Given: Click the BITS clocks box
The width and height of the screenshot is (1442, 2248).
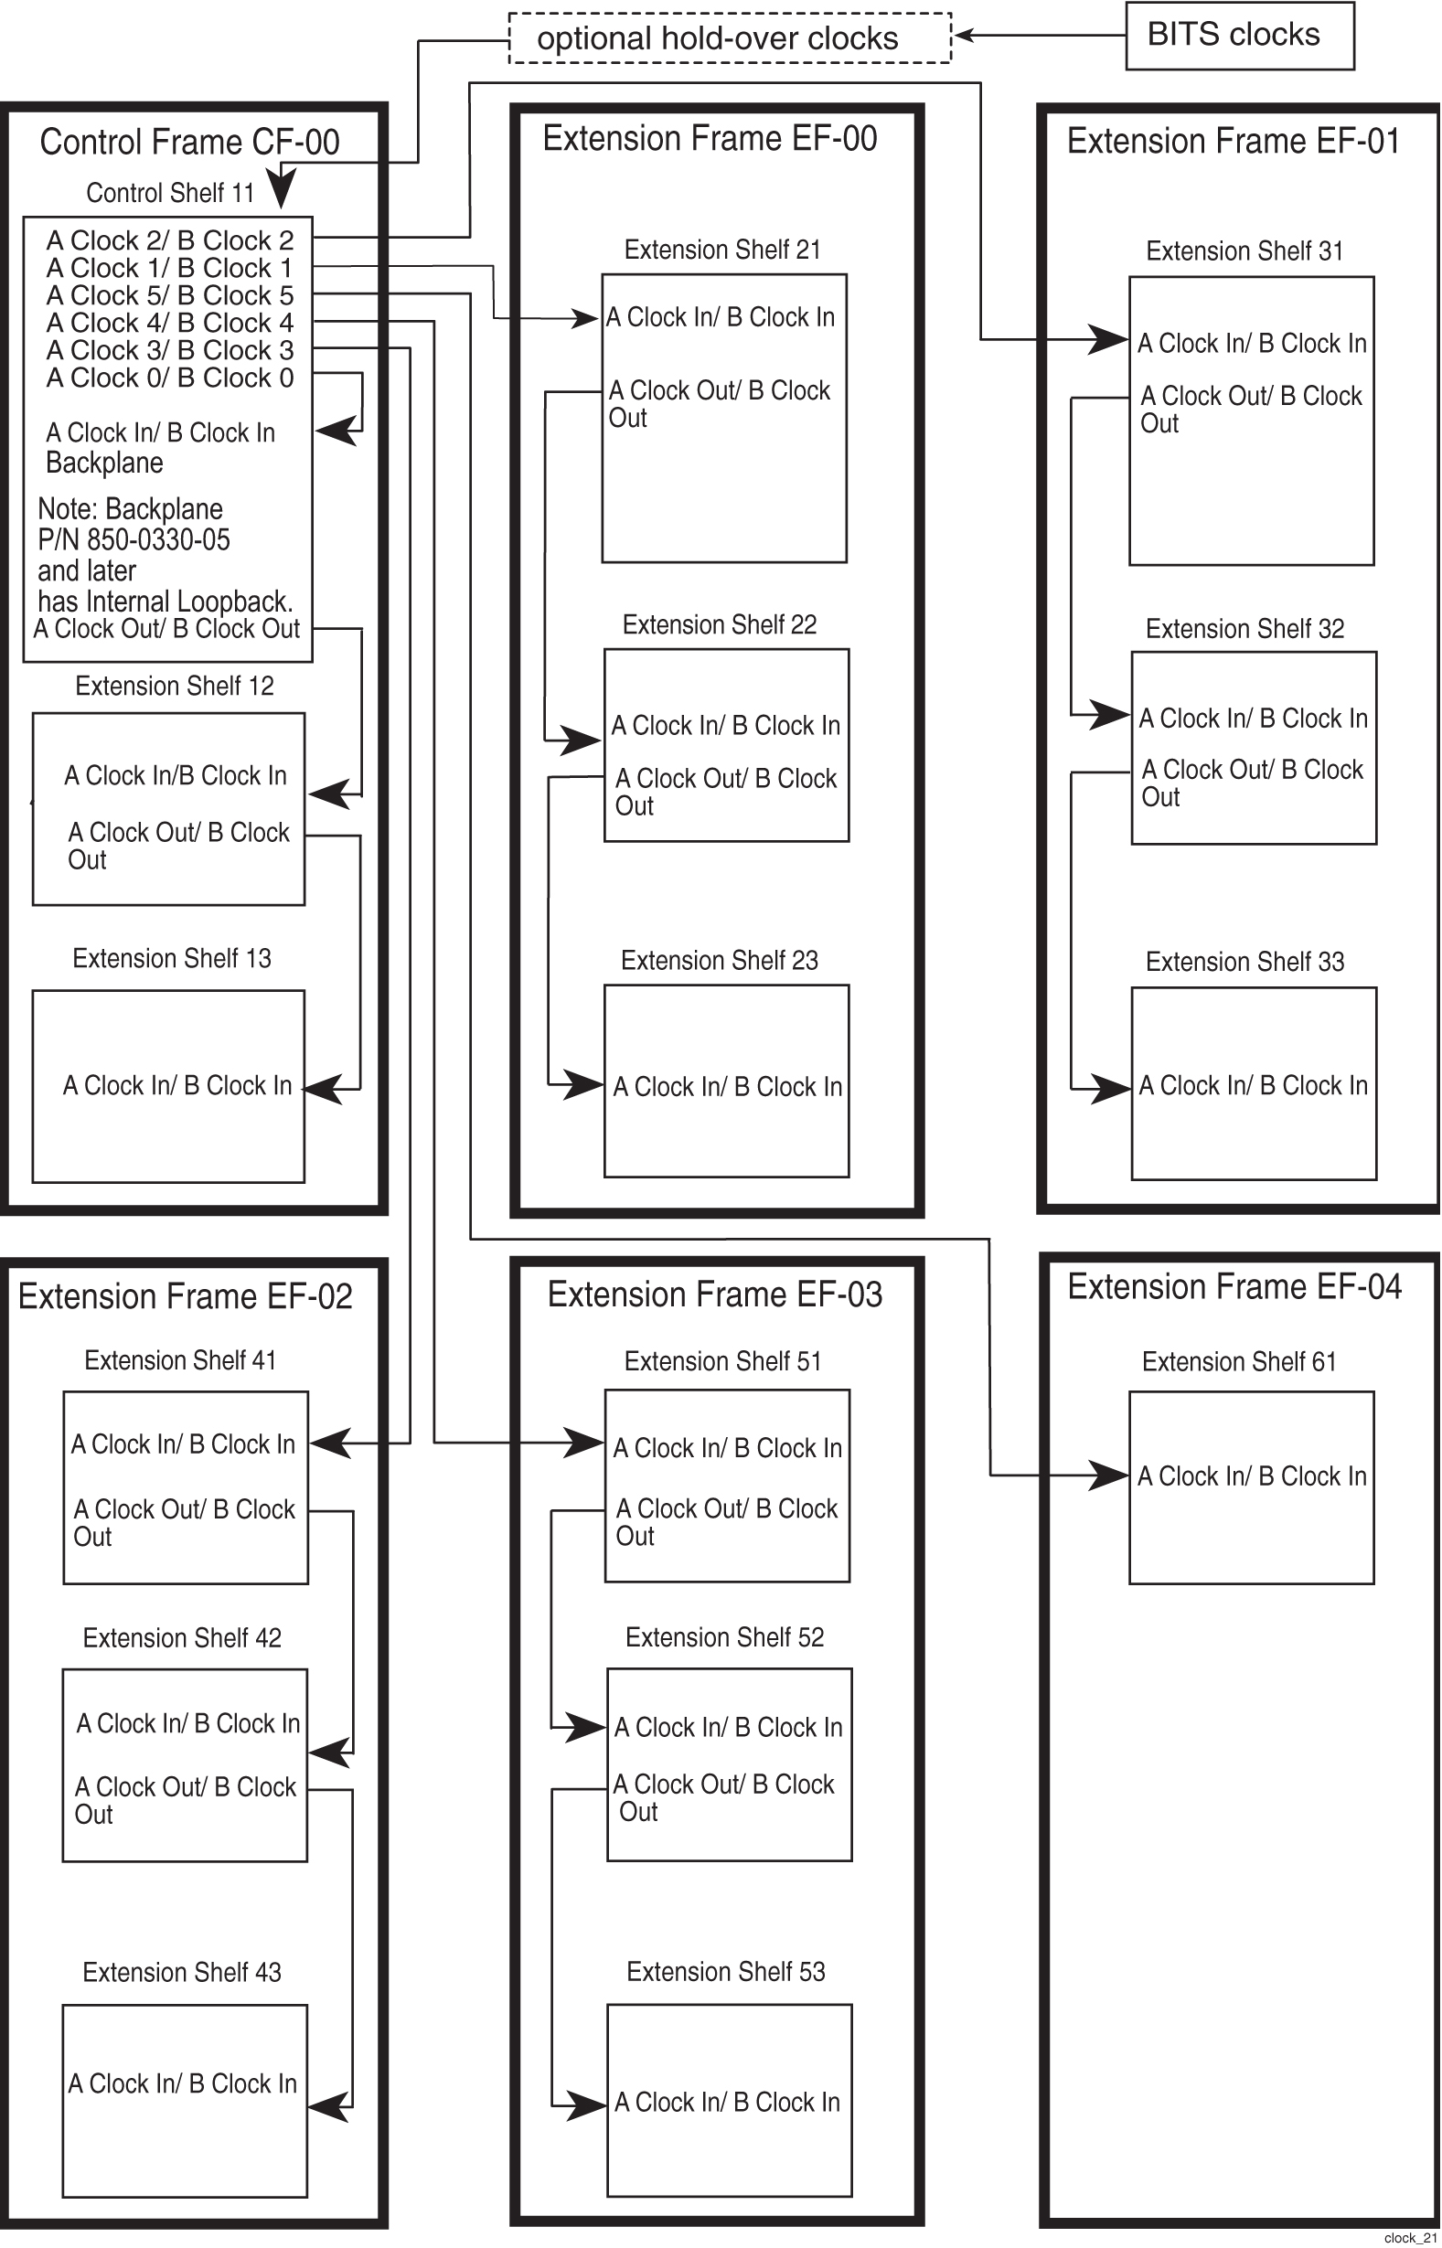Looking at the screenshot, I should [1239, 36].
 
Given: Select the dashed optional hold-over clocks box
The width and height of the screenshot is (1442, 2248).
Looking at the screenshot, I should [730, 38].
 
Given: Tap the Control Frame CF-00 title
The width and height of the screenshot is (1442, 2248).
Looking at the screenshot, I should [189, 143].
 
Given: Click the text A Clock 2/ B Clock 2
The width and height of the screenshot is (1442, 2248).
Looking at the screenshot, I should [169, 240].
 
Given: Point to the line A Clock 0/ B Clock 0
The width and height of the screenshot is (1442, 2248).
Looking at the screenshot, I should [169, 378].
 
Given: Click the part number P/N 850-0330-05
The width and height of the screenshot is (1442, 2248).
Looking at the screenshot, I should [133, 540].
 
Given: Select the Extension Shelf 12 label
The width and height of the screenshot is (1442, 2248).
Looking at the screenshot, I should [174, 686].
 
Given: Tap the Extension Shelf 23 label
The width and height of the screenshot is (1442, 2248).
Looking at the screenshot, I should [719, 960].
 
